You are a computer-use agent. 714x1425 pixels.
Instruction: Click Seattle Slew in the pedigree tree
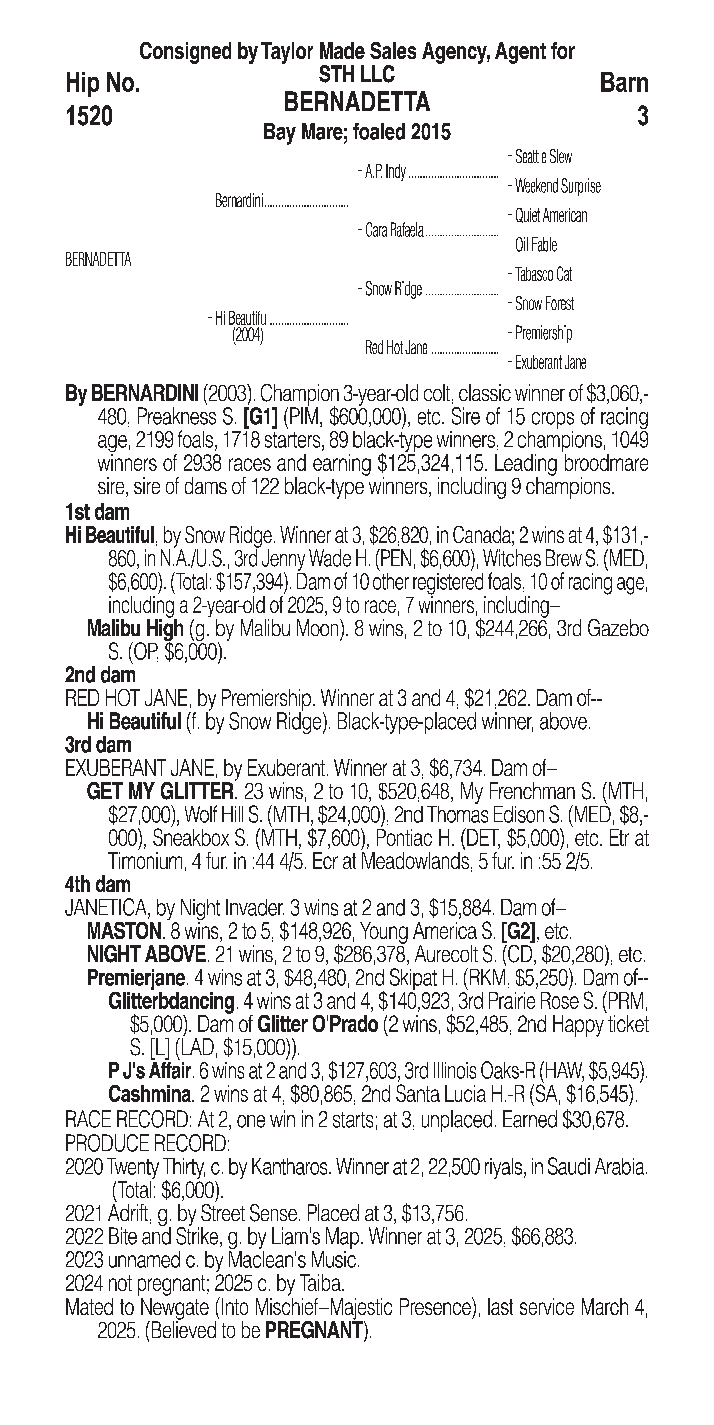coord(544,157)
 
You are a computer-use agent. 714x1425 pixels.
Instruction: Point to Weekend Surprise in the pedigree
coord(557,186)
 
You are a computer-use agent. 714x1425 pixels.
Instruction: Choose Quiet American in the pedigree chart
coord(551,216)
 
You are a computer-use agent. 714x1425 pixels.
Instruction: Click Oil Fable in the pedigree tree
coord(536,245)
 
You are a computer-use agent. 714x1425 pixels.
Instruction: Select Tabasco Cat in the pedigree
coord(544,274)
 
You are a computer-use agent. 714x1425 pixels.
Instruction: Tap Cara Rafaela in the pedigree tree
coord(394,230)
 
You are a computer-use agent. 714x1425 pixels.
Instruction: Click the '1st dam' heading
coord(97,512)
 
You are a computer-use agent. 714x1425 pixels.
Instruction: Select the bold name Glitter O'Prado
coord(318,1024)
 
